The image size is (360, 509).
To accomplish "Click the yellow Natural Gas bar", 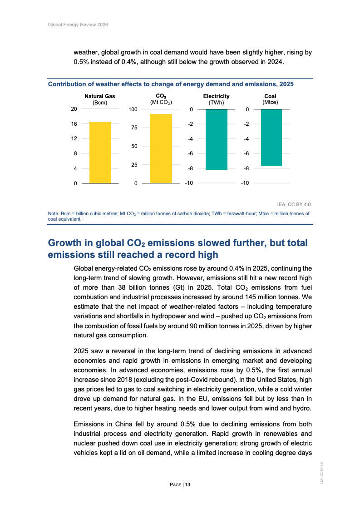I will coord(100,153).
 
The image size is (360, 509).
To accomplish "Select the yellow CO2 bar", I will coord(161,148).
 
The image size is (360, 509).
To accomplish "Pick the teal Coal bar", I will coord(271,138).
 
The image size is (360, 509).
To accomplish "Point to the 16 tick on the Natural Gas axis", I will coord(74,124).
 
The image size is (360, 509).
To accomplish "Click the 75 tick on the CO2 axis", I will coord(134,128).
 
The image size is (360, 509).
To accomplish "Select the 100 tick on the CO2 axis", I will coord(133,109).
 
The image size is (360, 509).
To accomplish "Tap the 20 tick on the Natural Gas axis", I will coord(74,109).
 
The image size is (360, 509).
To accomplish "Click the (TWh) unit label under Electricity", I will coord(216,103).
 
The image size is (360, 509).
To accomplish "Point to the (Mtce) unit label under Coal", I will coord(270,102).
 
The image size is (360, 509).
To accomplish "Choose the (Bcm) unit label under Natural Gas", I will coord(100,103).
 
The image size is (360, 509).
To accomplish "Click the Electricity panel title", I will coord(216,96).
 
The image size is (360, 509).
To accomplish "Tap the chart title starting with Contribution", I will coord(171,84).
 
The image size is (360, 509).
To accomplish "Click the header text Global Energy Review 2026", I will coord(78,25).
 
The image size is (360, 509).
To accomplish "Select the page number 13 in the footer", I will coord(187,485).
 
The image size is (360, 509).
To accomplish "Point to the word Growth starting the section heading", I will coord(65,243).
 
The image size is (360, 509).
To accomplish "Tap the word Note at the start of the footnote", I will coord(54,213).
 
